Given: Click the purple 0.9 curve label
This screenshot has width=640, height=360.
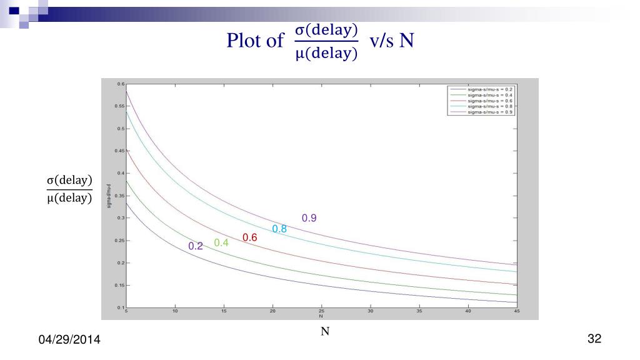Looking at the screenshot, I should [309, 218].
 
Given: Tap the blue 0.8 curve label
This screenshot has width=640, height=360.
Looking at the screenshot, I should [279, 229].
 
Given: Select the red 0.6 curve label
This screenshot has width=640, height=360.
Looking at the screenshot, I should [250, 237].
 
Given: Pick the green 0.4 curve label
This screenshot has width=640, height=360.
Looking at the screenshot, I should [221, 242].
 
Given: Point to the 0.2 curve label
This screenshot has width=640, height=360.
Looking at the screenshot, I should [196, 246].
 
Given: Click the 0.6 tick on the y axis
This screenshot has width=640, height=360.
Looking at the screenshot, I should [121, 84].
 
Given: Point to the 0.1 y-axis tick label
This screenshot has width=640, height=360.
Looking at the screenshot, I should [121, 307].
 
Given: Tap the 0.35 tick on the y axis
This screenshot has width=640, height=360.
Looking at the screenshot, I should [120, 196].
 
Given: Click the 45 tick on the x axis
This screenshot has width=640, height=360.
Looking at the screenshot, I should [516, 311].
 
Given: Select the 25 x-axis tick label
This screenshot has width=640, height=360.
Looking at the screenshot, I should [321, 311].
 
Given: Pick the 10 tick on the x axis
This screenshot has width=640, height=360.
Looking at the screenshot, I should [175, 311].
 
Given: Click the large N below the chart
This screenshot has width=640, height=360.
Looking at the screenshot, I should [325, 331].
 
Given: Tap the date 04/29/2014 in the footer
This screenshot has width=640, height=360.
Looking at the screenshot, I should [70, 340].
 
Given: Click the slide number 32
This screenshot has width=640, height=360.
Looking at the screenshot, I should [594, 339].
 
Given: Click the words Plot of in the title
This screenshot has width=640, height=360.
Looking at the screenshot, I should [255, 41].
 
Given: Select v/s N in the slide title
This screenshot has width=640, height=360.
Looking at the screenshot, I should [392, 41].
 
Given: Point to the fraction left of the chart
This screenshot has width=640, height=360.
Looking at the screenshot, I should [70, 190].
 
